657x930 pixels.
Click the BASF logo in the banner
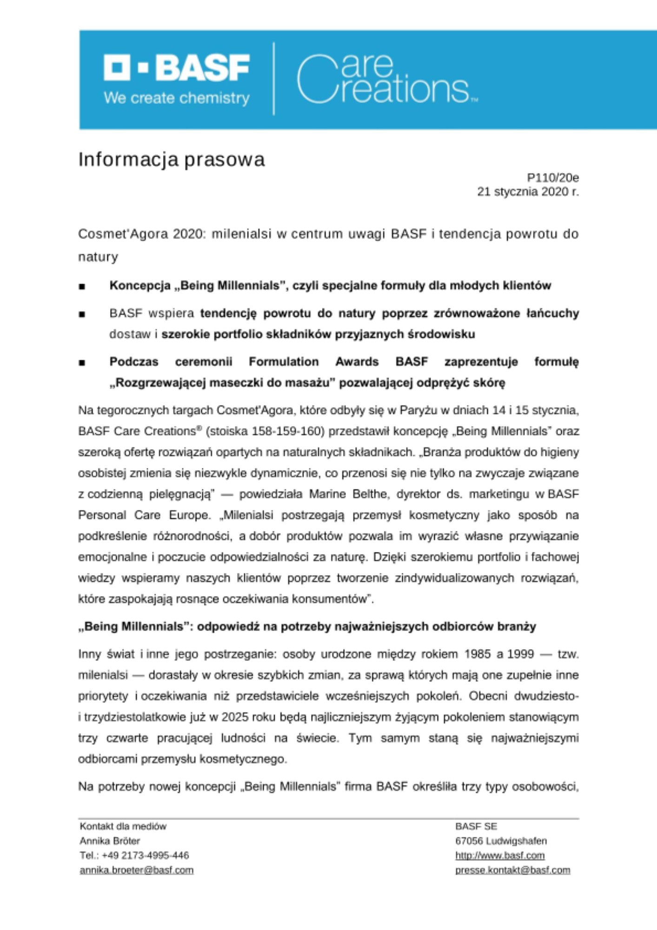177,67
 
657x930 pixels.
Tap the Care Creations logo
386,79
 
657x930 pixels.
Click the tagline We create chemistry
177,98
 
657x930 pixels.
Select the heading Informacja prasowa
171,159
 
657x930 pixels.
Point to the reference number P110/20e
552,178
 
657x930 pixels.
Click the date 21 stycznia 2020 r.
528,192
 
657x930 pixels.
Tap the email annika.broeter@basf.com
136,870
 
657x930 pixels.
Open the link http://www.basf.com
500,856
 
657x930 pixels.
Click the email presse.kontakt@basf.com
512,870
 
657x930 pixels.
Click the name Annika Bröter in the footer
110,841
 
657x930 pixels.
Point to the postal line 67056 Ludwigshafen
501,841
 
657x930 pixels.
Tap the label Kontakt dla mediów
123,826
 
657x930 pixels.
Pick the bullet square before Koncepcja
82,286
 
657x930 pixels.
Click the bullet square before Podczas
82,363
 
